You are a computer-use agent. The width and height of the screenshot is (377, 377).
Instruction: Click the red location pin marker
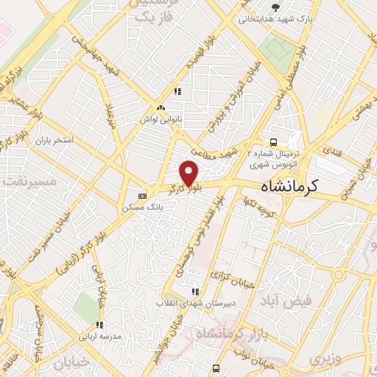[189, 172]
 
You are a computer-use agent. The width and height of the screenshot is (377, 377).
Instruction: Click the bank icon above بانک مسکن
[142, 196]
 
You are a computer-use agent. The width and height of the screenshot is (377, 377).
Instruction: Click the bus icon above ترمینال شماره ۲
[273, 141]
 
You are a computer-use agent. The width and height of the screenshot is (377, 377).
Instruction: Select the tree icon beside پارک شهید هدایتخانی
[275, 7]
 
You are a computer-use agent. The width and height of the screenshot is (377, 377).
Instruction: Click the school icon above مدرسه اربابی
[99, 324]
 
